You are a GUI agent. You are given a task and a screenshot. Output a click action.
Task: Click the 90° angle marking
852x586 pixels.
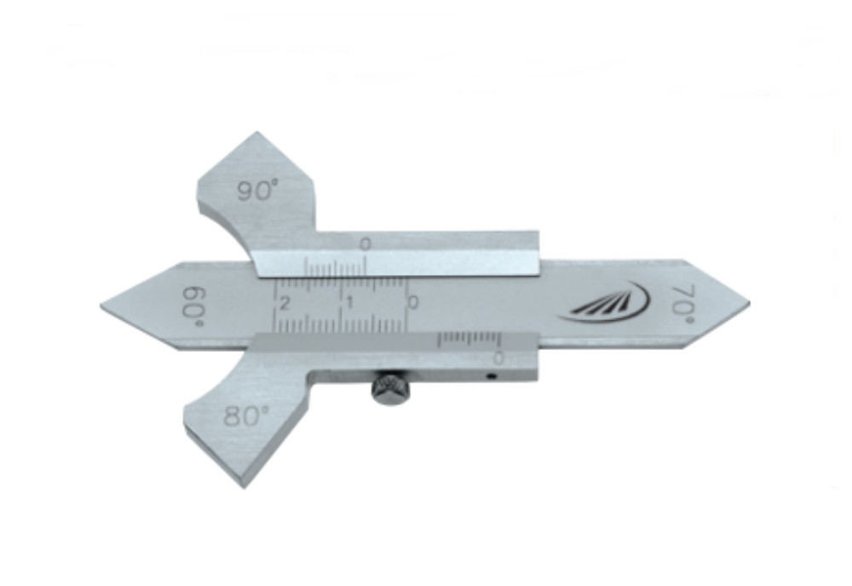pos(257,190)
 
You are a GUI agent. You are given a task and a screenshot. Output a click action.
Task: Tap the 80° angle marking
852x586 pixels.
pos(246,416)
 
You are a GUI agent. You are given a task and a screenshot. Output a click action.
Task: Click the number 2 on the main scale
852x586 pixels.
pos(285,303)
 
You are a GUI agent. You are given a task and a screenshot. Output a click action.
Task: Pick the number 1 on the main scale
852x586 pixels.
pos(350,302)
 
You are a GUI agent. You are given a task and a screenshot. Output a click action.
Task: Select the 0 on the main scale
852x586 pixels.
pos(413,302)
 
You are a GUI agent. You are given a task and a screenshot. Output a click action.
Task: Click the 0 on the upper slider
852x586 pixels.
pos(366,244)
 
